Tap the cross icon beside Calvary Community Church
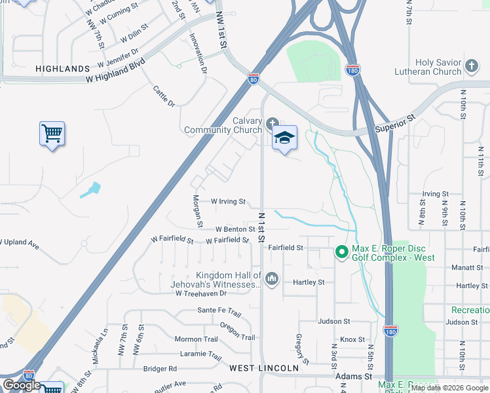coord(272,122)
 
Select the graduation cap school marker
coord(284,138)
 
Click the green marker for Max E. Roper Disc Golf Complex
coord(341,252)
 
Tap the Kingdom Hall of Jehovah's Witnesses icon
coord(272,280)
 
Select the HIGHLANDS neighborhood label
coord(62,69)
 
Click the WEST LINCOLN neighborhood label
coord(263,369)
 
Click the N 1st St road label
coord(261,226)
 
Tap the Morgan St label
coord(197,211)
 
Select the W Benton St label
coord(235,229)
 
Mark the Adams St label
coord(353,377)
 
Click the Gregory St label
coord(303,349)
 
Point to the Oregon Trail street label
coord(237,331)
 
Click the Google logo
coord(22,385)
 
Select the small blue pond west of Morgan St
coord(91,191)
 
